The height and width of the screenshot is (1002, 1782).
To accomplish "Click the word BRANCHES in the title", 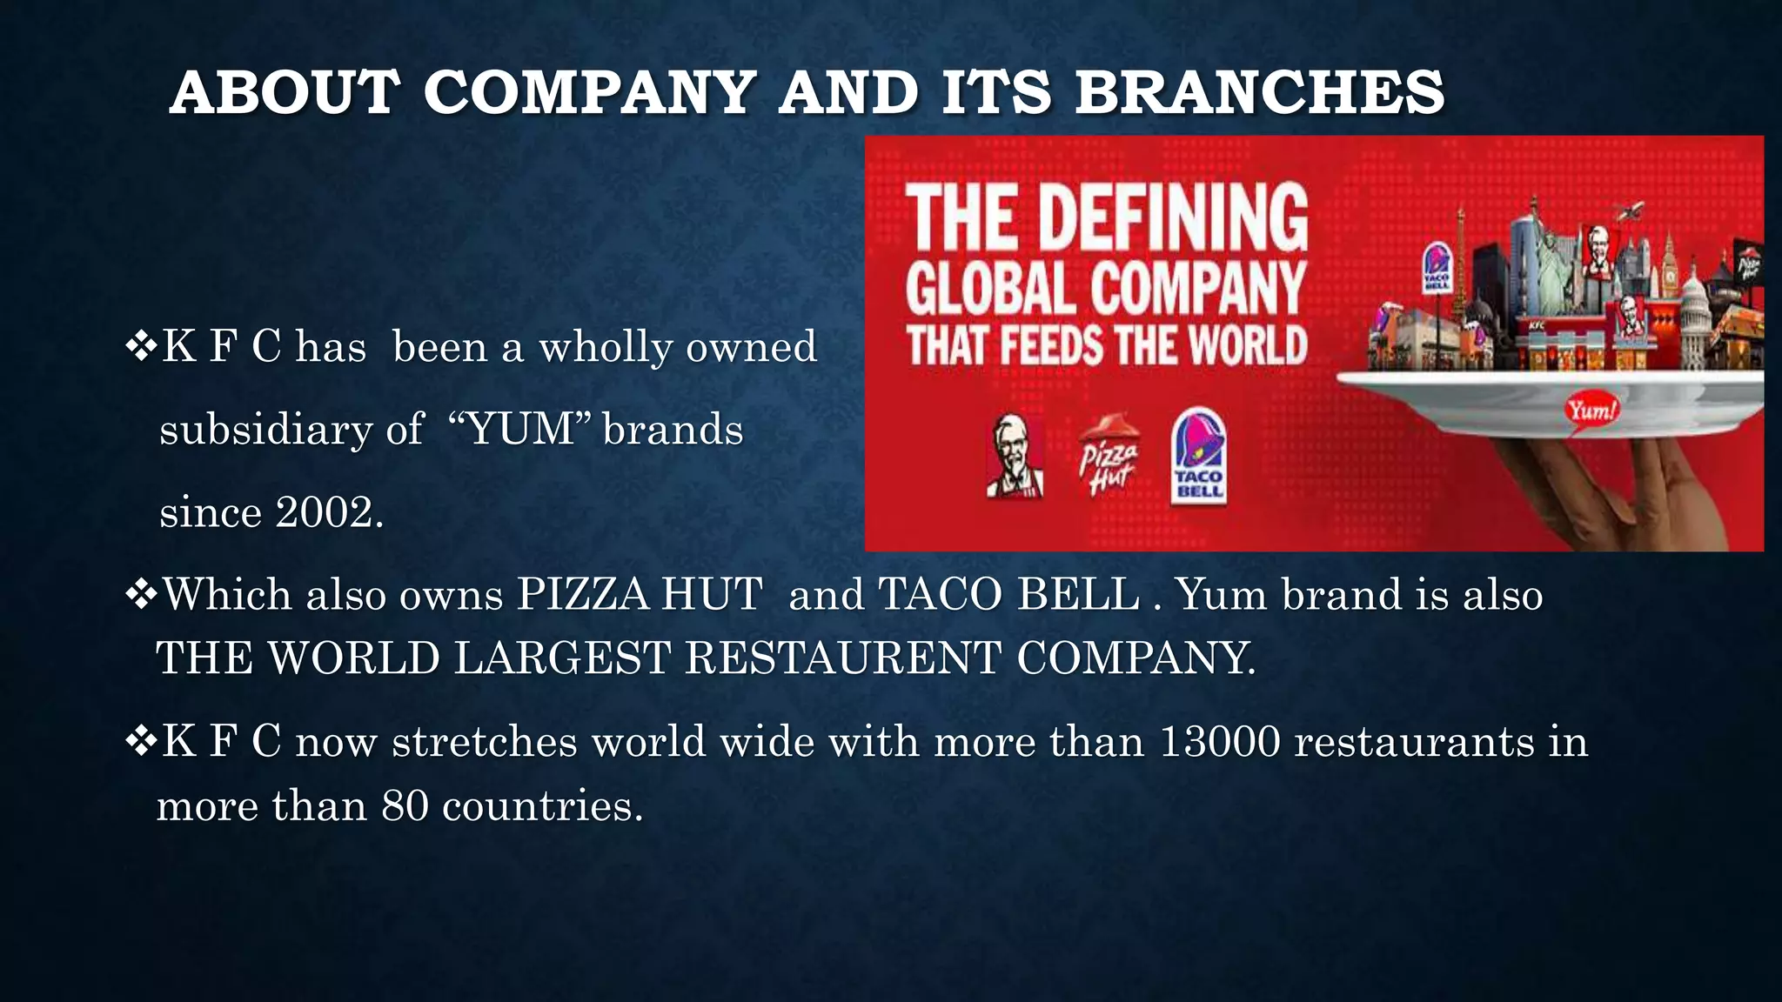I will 1259,92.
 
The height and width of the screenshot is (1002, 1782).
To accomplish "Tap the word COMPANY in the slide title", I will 589,92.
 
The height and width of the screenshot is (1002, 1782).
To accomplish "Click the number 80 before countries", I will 405,805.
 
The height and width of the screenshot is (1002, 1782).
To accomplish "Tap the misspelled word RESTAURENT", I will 843,658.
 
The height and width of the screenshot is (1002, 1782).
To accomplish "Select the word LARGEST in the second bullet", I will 563,658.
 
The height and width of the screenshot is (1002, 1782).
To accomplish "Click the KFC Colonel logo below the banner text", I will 1015,457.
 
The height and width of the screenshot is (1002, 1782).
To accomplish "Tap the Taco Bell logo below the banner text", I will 1199,457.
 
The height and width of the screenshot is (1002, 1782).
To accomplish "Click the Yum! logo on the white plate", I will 1591,409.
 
